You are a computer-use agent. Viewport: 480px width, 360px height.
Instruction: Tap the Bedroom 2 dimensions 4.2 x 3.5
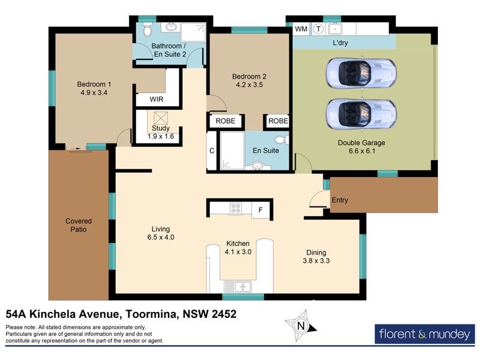tap(248, 85)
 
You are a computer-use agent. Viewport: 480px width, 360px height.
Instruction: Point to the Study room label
tap(161, 128)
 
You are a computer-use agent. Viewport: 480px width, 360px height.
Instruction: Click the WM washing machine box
tap(301, 29)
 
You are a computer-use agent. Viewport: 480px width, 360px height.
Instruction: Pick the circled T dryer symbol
tap(318, 29)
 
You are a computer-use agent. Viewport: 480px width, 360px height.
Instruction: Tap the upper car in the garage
tap(361, 72)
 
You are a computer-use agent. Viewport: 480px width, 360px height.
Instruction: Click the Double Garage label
tap(361, 143)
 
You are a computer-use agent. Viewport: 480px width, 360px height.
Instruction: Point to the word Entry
tap(340, 200)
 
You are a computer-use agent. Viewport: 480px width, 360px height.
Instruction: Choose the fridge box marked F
tap(260, 209)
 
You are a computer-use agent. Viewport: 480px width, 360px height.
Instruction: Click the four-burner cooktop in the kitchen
tap(236, 209)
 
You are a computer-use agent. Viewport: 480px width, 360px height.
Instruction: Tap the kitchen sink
tap(242, 287)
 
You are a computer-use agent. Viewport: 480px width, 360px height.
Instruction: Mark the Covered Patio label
tap(79, 225)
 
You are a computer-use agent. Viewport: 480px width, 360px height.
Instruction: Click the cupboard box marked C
tap(212, 151)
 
